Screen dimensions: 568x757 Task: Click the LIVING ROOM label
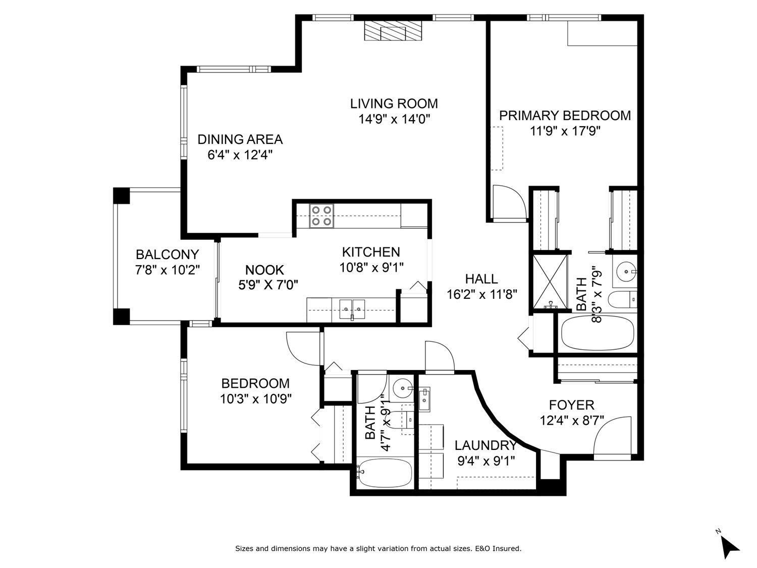click(394, 104)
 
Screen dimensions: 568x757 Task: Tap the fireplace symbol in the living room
click(392, 31)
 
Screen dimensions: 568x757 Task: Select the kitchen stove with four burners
click(321, 215)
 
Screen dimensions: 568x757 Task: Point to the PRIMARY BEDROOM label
click(565, 116)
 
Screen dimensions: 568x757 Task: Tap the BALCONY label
click(167, 254)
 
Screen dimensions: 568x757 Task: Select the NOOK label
click(264, 270)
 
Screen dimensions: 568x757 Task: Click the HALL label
click(481, 279)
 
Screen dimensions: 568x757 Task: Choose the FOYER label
click(571, 405)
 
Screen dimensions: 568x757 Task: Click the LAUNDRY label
click(485, 445)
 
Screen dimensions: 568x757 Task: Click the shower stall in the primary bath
click(549, 282)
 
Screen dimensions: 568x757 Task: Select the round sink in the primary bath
click(626, 271)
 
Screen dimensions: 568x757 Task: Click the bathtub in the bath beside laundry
click(385, 472)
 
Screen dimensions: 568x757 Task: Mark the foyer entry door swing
click(613, 435)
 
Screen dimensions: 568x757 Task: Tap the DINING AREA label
click(240, 139)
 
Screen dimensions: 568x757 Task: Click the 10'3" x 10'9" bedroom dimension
click(255, 399)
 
